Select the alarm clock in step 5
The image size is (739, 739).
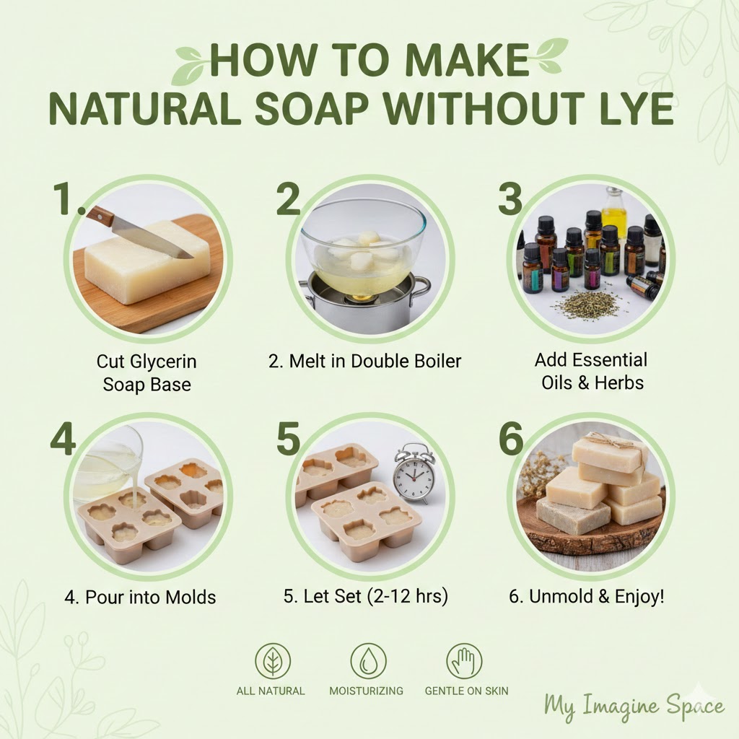(x=415, y=473)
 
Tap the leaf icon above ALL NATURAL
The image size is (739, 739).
(x=272, y=661)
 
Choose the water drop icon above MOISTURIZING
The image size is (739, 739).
(x=368, y=661)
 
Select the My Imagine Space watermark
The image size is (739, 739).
(x=634, y=705)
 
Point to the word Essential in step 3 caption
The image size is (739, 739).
(x=611, y=359)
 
